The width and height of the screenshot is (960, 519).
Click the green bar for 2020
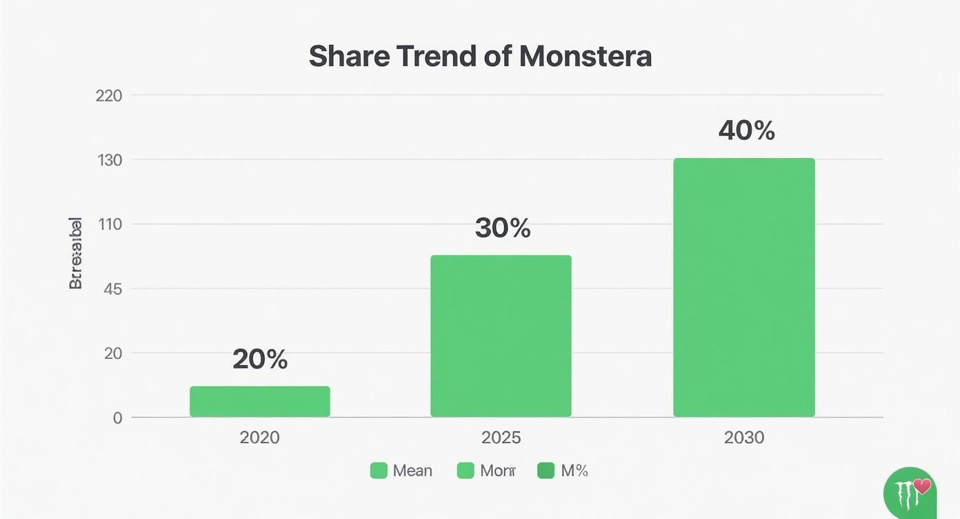tap(260, 402)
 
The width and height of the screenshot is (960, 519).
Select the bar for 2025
tap(501, 336)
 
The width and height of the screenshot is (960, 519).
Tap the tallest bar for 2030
tap(744, 288)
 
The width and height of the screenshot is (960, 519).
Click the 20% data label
tap(260, 359)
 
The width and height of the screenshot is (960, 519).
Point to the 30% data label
tap(503, 228)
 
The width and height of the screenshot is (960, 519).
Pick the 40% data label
tap(746, 130)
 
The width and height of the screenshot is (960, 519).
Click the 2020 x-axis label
tap(260, 438)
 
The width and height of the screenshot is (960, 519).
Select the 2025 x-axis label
tap(501, 438)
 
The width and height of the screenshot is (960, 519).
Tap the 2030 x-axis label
tap(744, 438)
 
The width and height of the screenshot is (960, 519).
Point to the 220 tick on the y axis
tap(108, 95)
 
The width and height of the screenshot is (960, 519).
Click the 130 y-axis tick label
tap(108, 160)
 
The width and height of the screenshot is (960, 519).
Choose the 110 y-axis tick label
tap(110, 224)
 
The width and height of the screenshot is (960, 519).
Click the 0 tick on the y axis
tap(117, 418)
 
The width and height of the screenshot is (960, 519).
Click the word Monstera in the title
tap(586, 57)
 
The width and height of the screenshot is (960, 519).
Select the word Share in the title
tap(349, 57)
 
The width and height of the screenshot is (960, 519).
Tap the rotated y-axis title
tap(76, 253)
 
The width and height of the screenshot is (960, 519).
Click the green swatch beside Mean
tap(379, 471)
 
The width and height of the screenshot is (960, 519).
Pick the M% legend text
tap(574, 471)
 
